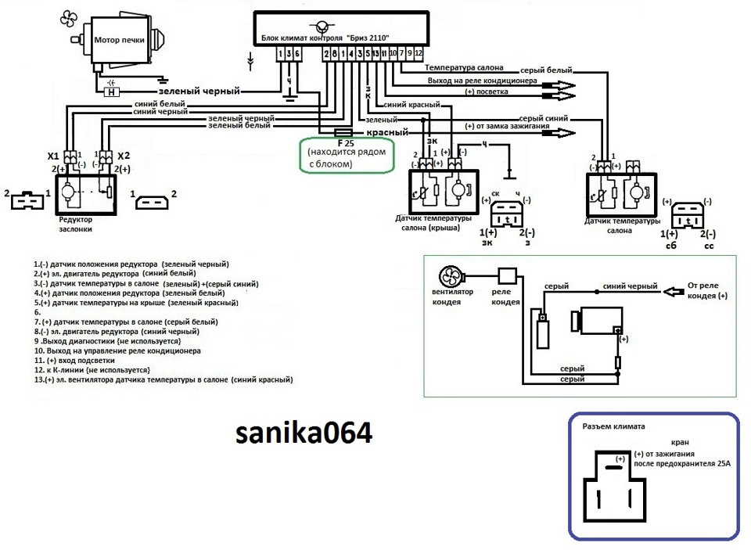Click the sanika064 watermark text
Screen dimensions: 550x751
pos(305,433)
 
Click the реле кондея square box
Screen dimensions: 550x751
pos(507,276)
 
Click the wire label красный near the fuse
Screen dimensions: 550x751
pos(388,133)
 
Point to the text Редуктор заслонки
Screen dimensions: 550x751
pos(81,225)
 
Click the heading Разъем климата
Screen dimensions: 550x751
pos(614,427)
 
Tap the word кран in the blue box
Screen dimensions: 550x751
pos(682,442)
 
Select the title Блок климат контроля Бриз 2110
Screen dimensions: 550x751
pos(325,38)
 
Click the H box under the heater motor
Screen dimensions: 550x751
pos(113,92)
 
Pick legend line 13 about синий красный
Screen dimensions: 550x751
pos(163,379)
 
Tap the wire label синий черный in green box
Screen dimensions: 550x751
pos(627,286)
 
